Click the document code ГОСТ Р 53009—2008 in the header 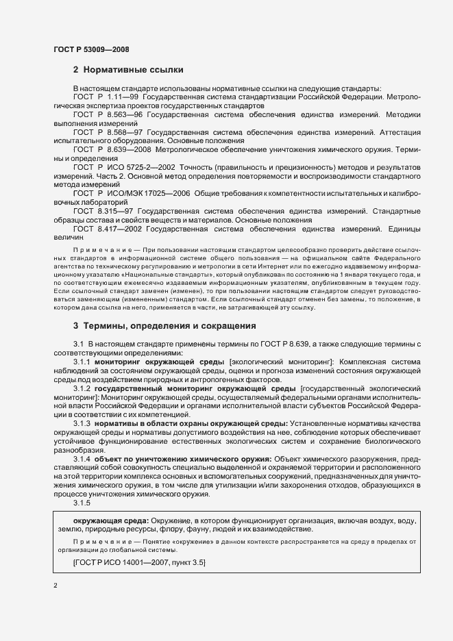click(90, 49)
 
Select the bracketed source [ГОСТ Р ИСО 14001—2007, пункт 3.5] click(139, 562)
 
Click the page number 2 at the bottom click(54, 585)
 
